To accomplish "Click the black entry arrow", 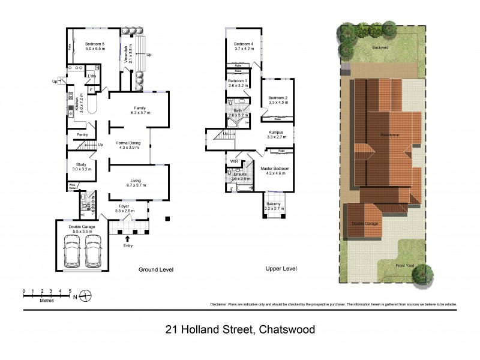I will pyautogui.click(x=127, y=239).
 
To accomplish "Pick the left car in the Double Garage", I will pyautogui.click(x=72, y=250).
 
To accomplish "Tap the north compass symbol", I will pyautogui.click(x=86, y=295).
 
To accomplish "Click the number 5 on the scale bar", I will pyautogui.click(x=70, y=290).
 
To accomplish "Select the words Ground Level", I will pyautogui.click(x=156, y=270).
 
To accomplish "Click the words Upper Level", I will pyautogui.click(x=281, y=269).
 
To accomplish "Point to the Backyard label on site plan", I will pyautogui.click(x=380, y=47).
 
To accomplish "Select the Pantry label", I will pyautogui.click(x=82, y=135).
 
